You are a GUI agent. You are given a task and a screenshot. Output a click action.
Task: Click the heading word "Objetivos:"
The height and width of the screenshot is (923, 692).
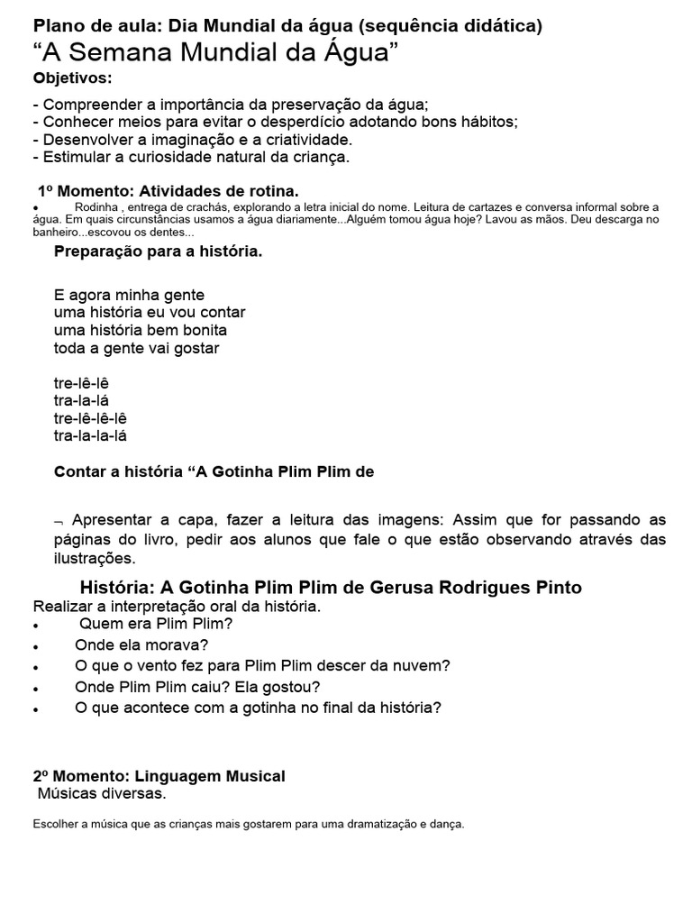tap(73, 78)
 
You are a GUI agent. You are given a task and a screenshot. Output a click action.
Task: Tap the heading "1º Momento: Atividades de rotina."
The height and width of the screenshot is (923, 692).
tap(168, 191)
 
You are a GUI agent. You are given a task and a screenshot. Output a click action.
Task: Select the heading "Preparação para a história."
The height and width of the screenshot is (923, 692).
tap(159, 251)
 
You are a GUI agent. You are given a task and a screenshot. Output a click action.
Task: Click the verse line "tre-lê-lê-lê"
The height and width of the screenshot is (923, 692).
tap(90, 418)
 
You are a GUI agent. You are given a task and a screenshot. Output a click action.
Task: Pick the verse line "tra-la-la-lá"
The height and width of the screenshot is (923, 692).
tap(90, 436)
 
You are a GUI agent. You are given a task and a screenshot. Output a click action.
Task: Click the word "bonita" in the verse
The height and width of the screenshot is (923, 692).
tap(205, 330)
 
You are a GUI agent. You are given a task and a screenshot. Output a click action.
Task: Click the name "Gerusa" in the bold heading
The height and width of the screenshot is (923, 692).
tap(404, 588)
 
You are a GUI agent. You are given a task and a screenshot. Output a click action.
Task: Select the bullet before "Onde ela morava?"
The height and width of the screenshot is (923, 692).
tap(35, 647)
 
